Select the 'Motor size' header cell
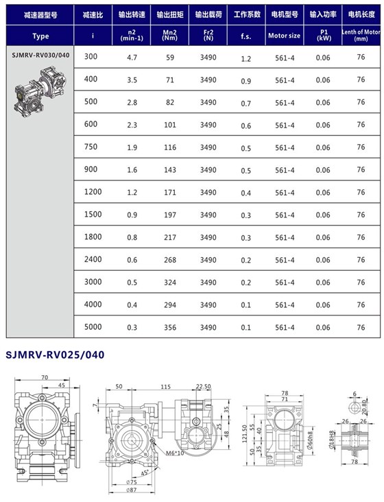point(284,35)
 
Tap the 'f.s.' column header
point(245,35)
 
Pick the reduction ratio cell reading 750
point(91,147)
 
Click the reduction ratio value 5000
point(93,327)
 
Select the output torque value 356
point(169,327)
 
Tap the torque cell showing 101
point(169,125)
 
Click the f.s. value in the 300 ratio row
point(245,58)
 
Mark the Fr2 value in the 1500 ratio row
point(208,215)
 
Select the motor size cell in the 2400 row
point(285,261)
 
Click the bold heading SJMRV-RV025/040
point(55,355)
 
